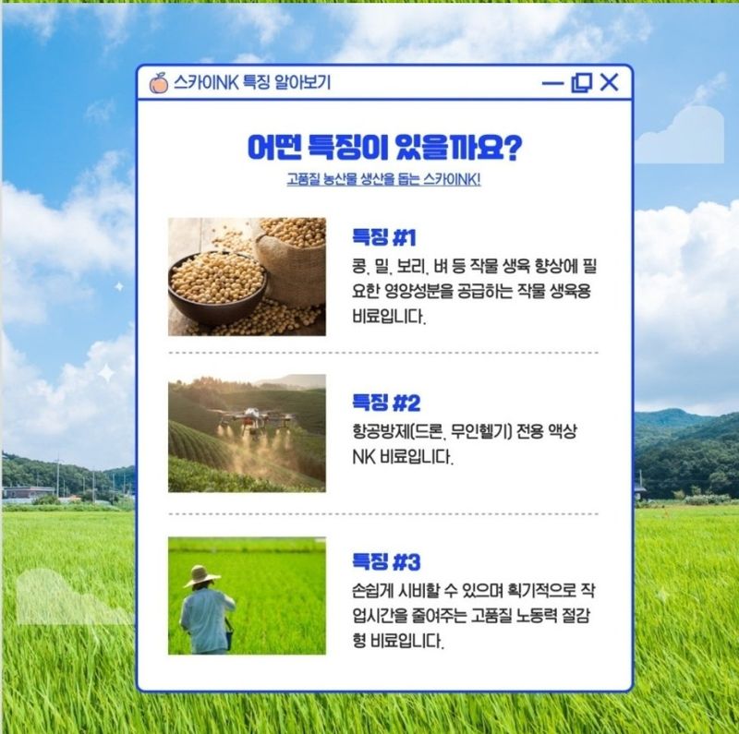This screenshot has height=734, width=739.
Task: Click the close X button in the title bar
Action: [609, 83]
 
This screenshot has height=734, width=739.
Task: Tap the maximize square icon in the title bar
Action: [581, 83]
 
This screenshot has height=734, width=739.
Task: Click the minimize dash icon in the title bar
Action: [552, 84]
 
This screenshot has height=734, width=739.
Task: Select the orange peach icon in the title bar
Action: [159, 83]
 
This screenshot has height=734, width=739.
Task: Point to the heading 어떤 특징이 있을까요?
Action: [384, 147]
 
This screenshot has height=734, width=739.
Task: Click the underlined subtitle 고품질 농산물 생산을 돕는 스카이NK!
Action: [383, 179]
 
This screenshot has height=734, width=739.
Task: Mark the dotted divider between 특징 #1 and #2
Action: [383, 353]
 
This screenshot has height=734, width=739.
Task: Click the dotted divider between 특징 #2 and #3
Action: [383, 513]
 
